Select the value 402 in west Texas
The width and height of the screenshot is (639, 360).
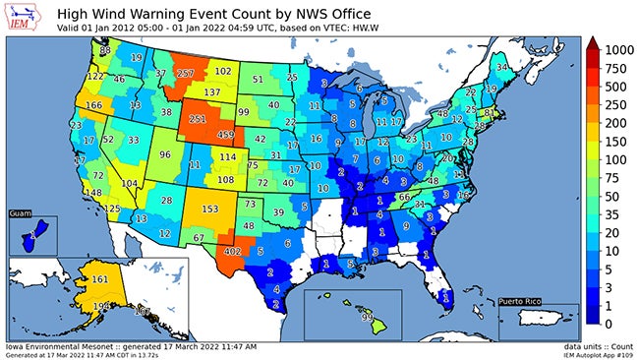[x=232, y=252]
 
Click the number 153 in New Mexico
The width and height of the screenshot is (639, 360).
[x=209, y=209]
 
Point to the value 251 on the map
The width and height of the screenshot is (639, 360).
[x=198, y=118]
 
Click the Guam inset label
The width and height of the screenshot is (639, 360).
[x=21, y=212]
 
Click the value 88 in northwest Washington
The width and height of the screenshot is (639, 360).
[x=105, y=48]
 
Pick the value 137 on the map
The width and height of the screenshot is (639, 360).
[x=211, y=91]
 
